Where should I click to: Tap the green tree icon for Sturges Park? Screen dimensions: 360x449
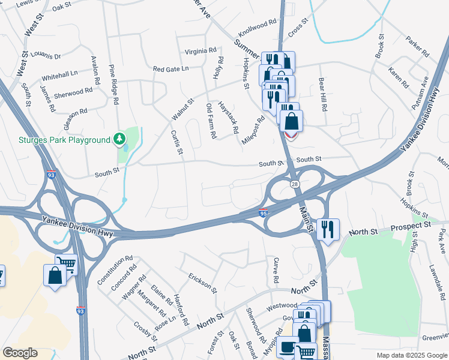click(119, 139)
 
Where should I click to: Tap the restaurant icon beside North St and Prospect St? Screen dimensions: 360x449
click(328, 229)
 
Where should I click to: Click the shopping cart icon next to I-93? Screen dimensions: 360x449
click(66, 264)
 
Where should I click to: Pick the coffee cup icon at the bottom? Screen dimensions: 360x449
click(287, 347)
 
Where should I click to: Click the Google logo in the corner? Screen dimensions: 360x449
click(19, 353)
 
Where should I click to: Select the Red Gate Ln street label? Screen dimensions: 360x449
click(170, 69)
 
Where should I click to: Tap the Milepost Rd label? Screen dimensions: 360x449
click(253, 131)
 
